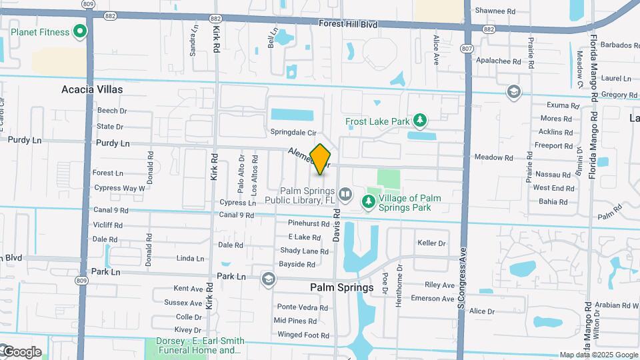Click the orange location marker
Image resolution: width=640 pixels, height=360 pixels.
(x=321, y=159)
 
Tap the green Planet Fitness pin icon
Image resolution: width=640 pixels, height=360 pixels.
(x=80, y=31)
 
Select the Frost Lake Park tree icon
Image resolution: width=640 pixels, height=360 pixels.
(x=419, y=120)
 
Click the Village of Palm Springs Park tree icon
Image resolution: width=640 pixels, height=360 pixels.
(x=367, y=201)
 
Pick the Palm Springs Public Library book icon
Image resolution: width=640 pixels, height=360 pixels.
(x=345, y=195)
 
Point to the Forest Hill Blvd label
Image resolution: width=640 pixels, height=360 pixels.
(x=348, y=24)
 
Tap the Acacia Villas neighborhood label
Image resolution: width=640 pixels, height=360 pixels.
(x=92, y=89)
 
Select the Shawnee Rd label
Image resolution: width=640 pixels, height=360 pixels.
(x=494, y=11)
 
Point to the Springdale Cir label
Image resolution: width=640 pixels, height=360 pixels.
(x=293, y=131)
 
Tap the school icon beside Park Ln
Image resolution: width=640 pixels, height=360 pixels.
(x=268, y=279)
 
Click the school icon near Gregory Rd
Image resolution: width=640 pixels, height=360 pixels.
(x=513, y=91)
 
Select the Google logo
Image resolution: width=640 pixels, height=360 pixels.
(x=22, y=352)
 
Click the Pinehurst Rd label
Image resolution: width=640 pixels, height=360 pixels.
(x=309, y=223)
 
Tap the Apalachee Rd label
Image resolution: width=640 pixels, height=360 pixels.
(x=498, y=61)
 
